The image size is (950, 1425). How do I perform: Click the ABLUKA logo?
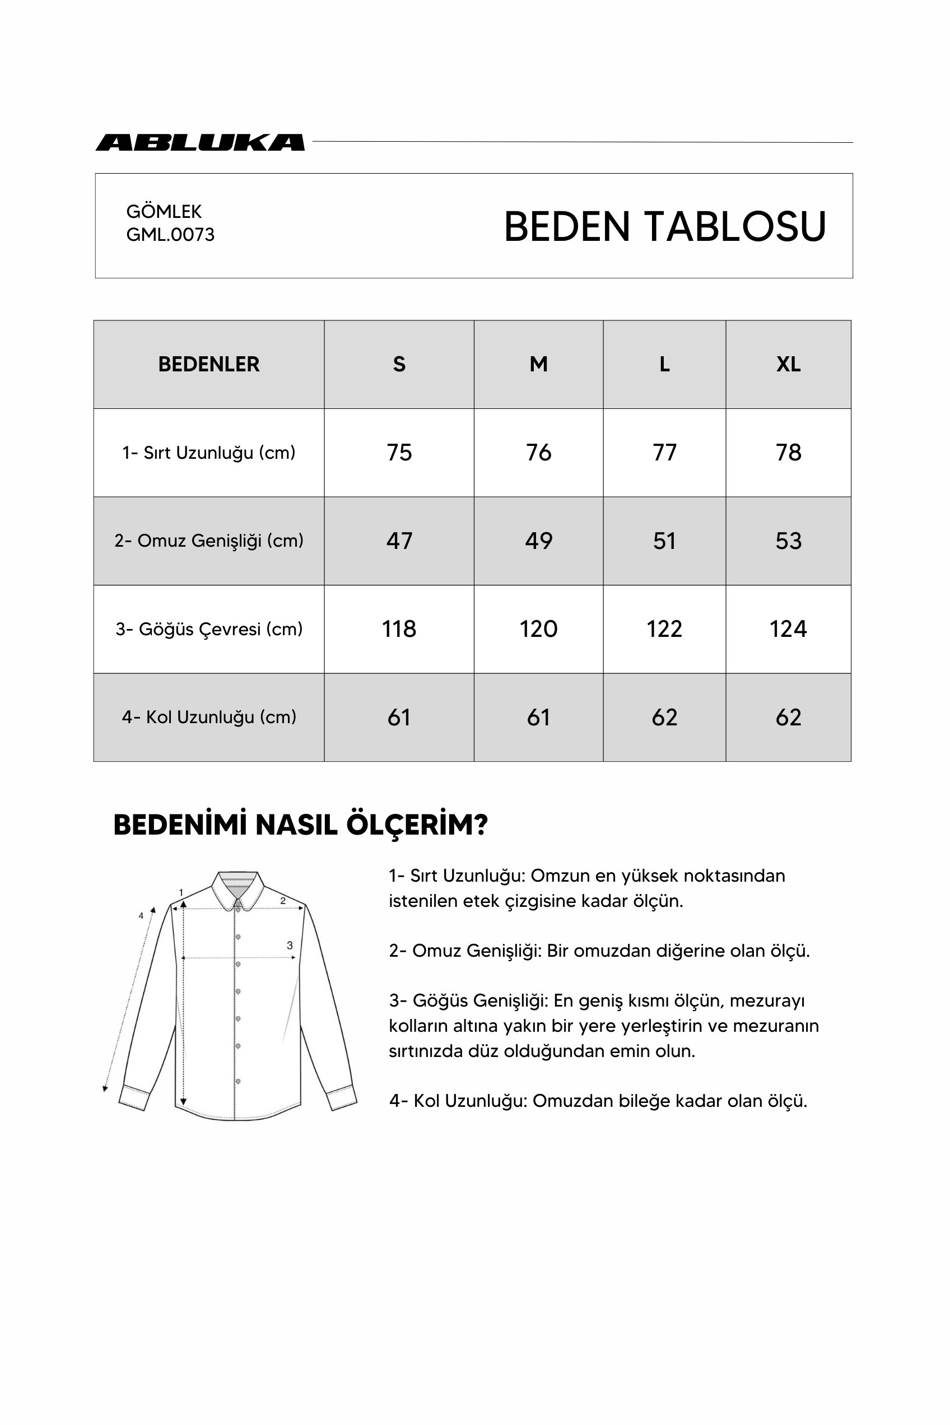tap(200, 142)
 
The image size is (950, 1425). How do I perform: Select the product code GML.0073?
tap(170, 235)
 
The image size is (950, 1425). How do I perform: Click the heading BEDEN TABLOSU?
tap(665, 227)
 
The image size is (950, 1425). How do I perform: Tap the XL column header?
tap(788, 364)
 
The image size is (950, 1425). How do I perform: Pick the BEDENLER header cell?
tap(208, 364)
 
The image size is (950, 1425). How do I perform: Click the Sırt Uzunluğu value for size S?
tap(399, 453)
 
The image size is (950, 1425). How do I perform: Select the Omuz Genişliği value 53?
tap(788, 541)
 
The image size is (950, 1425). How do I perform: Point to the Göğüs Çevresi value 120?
tap(538, 629)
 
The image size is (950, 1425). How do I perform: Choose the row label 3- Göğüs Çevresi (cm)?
tap(208, 629)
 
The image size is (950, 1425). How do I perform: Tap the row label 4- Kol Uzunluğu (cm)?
tap(208, 718)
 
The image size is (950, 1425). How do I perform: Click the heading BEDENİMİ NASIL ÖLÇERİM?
tap(300, 825)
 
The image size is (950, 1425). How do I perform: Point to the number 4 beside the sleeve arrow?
tap(141, 916)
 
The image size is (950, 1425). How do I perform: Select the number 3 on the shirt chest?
tap(290, 945)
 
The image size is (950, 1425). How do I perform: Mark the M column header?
tap(538, 364)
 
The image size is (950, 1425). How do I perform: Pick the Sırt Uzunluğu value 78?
tap(788, 453)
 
